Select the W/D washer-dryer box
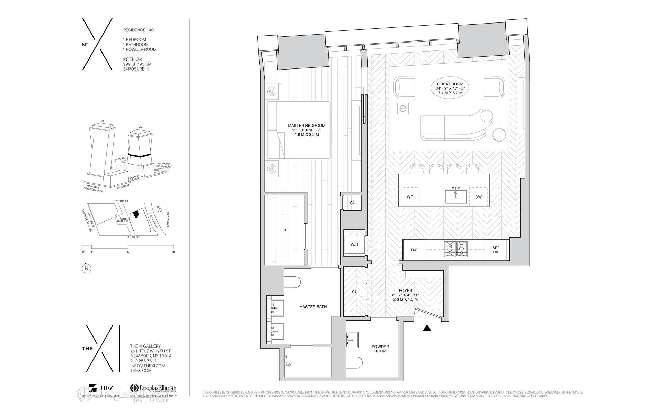tap(354, 245)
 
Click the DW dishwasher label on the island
tap(478, 197)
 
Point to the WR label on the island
tap(410, 197)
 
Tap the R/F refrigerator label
tap(414, 250)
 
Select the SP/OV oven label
tap(495, 250)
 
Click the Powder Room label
tap(380, 349)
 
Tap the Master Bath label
tap(313, 307)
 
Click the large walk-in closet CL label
tap(285, 230)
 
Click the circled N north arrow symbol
tap(87, 268)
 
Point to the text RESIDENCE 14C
tap(139, 30)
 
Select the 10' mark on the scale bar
tap(173, 252)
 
